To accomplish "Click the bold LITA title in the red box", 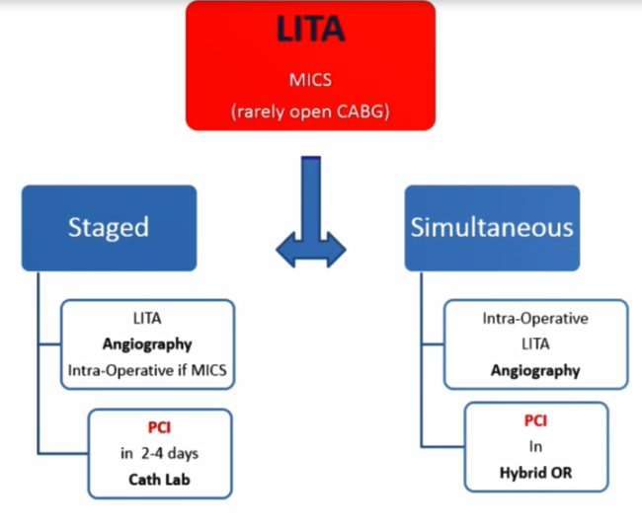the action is pos(310,29).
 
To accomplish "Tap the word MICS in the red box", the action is pos(310,80).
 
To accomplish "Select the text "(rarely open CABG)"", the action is pos(310,112).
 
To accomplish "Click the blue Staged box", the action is pos(109,228).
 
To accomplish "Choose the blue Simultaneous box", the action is pos(492,228).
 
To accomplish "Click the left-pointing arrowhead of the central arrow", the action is pos(285,250).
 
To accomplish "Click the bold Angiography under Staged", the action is pos(147,344).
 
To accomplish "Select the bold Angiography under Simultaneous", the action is pos(535,371).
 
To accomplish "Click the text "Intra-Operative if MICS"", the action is pos(147,370).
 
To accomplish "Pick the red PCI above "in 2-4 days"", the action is pos(159,427).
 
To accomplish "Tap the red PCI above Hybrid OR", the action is pos(535,420).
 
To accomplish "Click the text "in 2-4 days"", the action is pos(159,453).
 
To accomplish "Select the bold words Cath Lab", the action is pos(159,480).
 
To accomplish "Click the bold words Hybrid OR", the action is pos(535,473).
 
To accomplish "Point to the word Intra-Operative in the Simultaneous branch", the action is pos(535,319).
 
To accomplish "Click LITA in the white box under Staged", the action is pos(147,319).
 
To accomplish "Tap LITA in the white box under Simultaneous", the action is pos(535,344).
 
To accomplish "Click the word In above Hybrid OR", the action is pos(535,446).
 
